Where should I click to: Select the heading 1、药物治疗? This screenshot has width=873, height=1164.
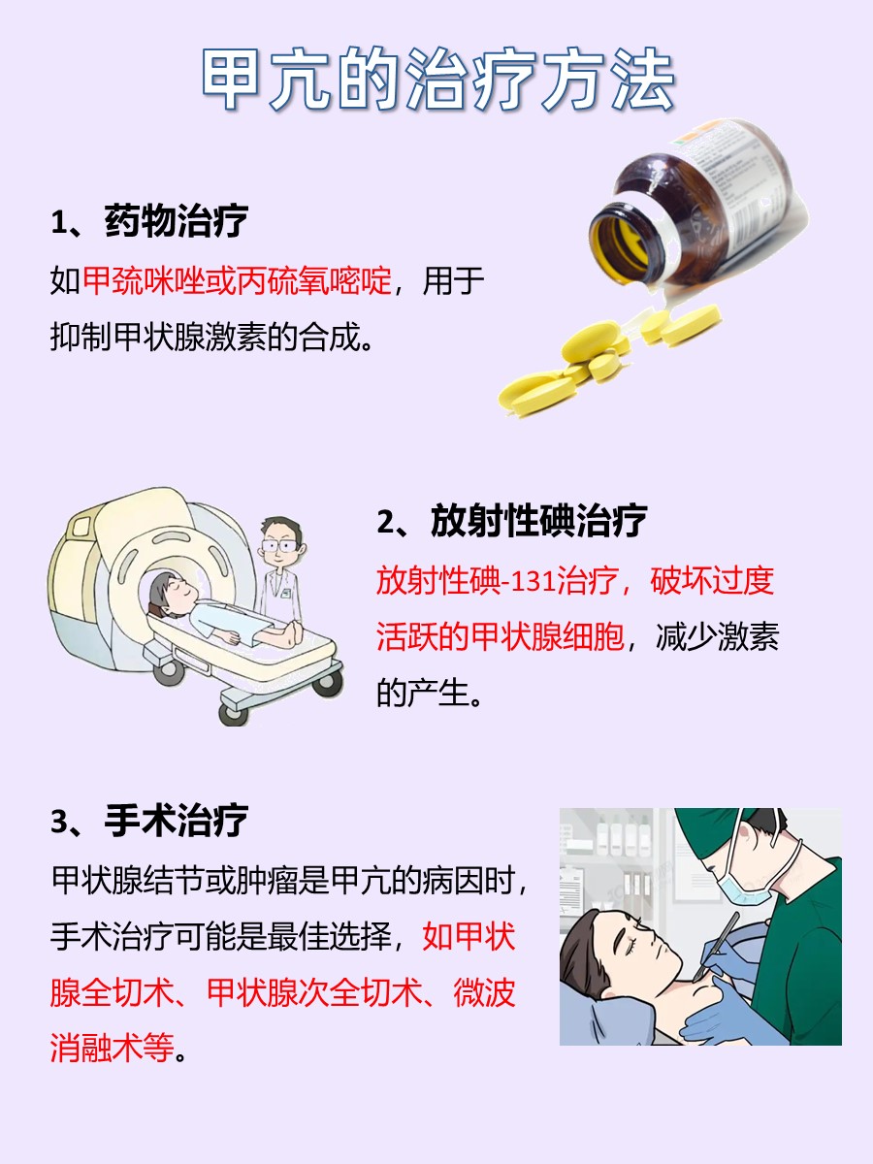pos(149,221)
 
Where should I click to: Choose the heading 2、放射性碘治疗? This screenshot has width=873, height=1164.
pos(511,521)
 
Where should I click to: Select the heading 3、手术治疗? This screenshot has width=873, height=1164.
pos(149,821)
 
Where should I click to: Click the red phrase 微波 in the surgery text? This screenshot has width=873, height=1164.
pos(484,993)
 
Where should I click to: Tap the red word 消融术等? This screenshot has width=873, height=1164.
pos(111,1049)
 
